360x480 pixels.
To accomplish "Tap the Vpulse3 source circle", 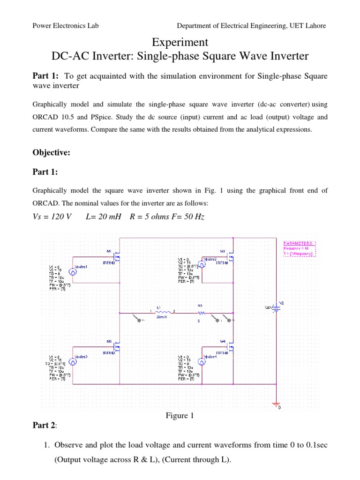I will (x=73, y=361).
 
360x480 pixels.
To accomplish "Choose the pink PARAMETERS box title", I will (x=300, y=243).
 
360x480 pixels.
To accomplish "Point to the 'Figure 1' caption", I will (x=180, y=416).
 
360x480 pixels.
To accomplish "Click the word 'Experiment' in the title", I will (x=180, y=42).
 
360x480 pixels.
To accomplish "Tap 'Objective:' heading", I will (x=51, y=152).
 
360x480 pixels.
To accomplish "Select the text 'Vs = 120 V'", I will (x=52, y=218).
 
